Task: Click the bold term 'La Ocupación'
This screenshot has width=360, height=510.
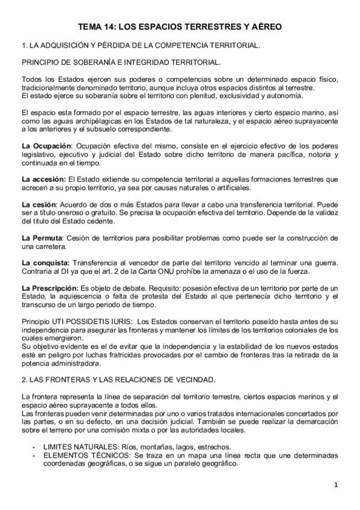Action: (46, 146)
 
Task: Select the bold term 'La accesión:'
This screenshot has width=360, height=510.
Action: (43, 179)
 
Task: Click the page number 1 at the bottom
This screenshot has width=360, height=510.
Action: (337, 485)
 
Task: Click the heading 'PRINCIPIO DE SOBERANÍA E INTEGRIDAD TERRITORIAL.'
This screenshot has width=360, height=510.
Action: (121, 62)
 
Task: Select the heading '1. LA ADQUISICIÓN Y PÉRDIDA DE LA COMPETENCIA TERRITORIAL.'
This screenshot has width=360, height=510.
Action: (141, 45)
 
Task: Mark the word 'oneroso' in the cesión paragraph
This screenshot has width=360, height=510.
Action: (72, 214)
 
